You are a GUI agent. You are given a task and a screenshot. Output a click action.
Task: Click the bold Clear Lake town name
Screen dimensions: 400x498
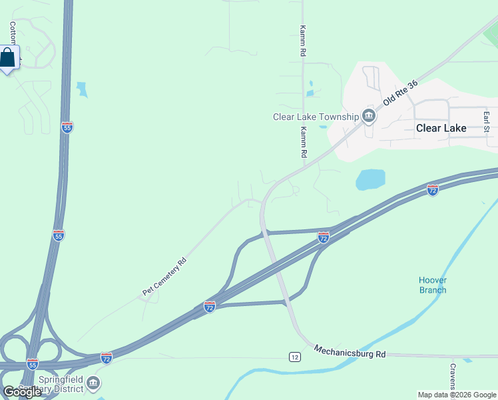pos(441,128)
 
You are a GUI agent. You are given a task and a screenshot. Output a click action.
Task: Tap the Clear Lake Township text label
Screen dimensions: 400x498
pos(316,117)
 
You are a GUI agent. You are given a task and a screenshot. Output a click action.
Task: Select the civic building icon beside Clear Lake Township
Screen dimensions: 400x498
pos(369,117)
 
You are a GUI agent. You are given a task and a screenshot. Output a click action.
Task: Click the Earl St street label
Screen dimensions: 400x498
pos(487,121)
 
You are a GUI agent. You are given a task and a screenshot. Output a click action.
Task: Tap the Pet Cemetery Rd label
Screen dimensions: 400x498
pos(164,277)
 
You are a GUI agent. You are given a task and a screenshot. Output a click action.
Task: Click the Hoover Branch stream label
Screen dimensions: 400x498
pos(433,285)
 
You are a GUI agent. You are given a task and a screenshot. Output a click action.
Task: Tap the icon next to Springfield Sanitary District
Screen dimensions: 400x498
pos(93,383)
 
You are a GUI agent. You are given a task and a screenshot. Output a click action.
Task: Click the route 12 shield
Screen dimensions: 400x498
pos(295,357)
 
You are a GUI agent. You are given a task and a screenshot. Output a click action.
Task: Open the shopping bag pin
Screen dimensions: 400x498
pos(8,58)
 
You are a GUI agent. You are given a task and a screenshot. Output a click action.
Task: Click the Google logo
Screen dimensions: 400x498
pos(22,392)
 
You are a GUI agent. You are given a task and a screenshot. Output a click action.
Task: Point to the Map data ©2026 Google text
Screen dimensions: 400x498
pos(457,395)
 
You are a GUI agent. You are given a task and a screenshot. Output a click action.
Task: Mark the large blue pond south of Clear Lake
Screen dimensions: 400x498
pos(370,179)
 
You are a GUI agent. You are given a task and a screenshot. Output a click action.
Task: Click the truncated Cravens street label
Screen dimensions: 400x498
pos(452,377)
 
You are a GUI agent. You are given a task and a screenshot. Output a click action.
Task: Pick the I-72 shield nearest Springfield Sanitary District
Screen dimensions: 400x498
pos(107,358)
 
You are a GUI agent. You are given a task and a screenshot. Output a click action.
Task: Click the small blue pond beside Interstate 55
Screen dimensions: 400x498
pos(82,89)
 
